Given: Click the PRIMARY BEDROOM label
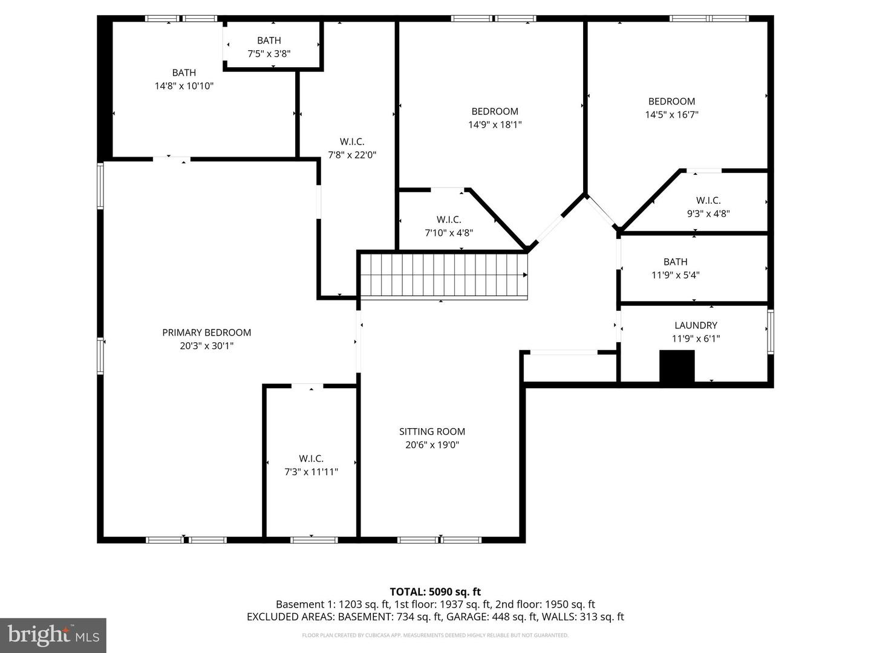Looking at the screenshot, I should [x=206, y=333].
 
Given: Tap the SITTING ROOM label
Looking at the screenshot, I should [x=432, y=432].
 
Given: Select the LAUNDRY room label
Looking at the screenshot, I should [x=696, y=325].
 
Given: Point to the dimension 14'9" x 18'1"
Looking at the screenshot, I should [x=495, y=125].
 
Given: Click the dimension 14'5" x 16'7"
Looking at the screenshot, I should [x=671, y=115].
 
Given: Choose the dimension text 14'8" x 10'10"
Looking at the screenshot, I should [x=184, y=86].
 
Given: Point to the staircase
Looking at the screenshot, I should [x=444, y=275].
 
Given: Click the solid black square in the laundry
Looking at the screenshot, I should [x=677, y=366].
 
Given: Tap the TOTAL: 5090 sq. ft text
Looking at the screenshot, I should [x=435, y=592].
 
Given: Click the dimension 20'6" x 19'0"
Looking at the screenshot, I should [x=432, y=445].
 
